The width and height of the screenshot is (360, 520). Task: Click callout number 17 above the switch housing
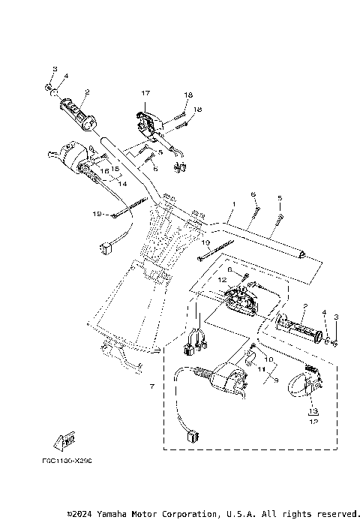pos(145,92)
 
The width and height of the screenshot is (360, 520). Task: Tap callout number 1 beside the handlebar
pos(233,204)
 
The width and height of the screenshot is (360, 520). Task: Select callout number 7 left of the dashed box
pos(151,386)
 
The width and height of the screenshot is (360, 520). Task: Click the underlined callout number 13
pos(313,411)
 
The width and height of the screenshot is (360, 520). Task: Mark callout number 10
pos(268,359)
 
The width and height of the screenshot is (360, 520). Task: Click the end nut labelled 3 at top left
pos(49,88)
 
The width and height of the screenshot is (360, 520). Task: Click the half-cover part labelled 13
pos(307,383)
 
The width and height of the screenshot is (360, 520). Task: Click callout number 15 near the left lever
pos(116,169)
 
